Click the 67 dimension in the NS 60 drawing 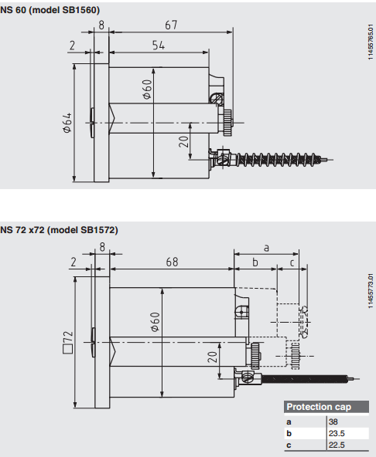click(x=171, y=25)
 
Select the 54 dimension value click(x=159, y=46)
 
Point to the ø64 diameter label click(x=67, y=123)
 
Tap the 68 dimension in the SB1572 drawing click(x=172, y=262)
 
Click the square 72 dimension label click(x=68, y=342)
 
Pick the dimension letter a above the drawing click(x=266, y=248)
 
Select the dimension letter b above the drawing click(x=255, y=262)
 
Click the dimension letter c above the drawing click(x=292, y=263)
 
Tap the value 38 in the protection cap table click(x=333, y=421)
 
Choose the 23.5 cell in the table click(x=337, y=433)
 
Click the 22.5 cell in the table click(x=337, y=445)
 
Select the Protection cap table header click(x=326, y=407)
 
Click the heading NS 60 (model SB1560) click(x=50, y=10)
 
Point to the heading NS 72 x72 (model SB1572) click(x=59, y=230)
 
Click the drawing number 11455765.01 click(x=371, y=42)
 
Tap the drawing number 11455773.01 click(x=371, y=291)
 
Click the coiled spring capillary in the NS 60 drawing click(x=276, y=160)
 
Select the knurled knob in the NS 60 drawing click(x=227, y=123)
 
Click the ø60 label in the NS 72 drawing click(x=156, y=322)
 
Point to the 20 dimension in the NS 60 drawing click(x=183, y=141)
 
